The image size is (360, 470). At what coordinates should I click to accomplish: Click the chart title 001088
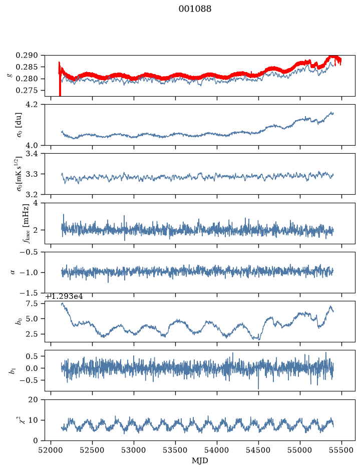[x=195, y=9]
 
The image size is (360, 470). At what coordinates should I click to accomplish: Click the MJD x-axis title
[x=200, y=460]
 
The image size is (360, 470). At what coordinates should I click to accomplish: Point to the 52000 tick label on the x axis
[x=51, y=450]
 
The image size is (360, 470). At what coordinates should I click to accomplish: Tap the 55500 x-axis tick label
[x=341, y=450]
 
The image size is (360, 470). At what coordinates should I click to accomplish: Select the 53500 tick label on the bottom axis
[x=175, y=450]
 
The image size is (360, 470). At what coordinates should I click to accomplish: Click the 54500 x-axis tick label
[x=258, y=450]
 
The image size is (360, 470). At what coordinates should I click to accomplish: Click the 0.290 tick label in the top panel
[x=27, y=56]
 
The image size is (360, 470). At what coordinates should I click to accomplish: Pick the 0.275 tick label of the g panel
[x=27, y=91]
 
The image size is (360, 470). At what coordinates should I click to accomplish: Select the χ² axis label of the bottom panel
[x=19, y=420]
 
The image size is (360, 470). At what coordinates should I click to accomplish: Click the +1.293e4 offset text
[x=64, y=297]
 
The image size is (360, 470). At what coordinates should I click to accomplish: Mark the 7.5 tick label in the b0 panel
[x=33, y=304]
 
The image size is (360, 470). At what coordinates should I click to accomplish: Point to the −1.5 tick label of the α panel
[x=30, y=292]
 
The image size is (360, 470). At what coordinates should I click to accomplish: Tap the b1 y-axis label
[x=13, y=371]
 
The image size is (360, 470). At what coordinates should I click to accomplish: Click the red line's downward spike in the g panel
[x=60, y=87]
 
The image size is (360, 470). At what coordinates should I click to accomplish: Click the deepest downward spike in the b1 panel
[x=258, y=387]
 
